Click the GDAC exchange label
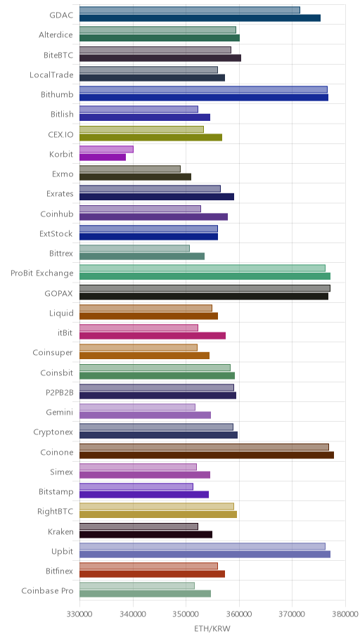click(61, 15)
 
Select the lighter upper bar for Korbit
click(106, 149)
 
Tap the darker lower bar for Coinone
click(207, 455)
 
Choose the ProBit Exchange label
click(42, 273)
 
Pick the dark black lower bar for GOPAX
click(204, 296)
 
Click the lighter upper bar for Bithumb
click(203, 89)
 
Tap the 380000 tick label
click(345, 614)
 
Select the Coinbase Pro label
click(47, 590)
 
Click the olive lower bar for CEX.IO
click(150, 137)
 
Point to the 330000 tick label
click(79, 614)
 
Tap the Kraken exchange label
click(60, 531)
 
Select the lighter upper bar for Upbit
click(202, 547)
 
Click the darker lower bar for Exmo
click(135, 177)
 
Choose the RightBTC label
click(56, 512)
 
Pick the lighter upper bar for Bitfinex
click(148, 566)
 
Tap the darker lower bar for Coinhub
click(153, 216)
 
